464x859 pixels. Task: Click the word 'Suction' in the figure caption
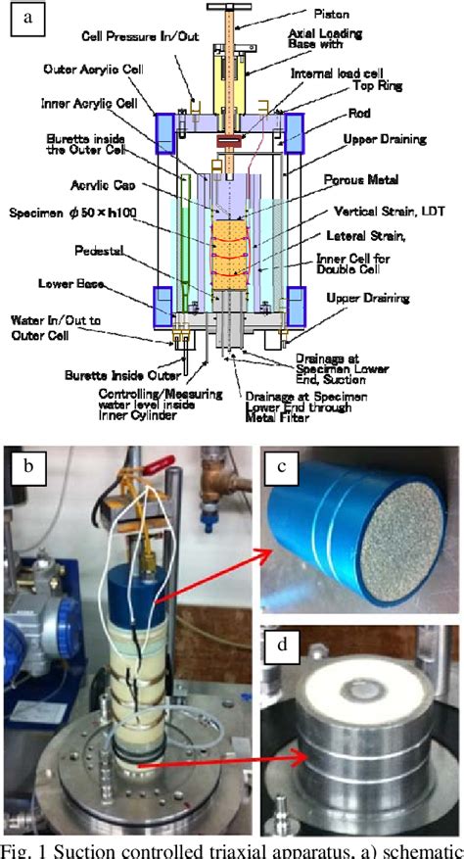tap(83, 848)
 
